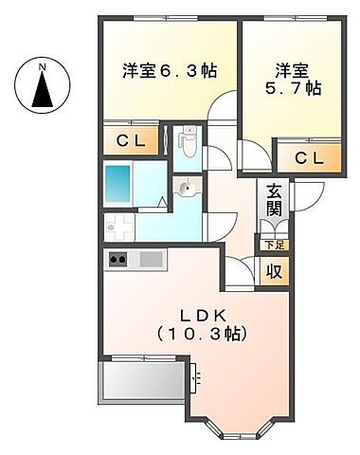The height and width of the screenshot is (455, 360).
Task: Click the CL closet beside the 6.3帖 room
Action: (x=132, y=141)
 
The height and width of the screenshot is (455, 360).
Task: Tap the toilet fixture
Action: (x=189, y=142)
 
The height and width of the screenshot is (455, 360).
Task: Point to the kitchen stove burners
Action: (x=119, y=260)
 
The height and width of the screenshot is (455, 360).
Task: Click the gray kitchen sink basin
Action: (x=151, y=259)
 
